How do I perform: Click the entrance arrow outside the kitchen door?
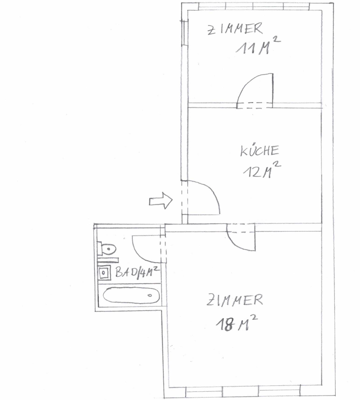161,201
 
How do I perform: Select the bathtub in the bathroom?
131,296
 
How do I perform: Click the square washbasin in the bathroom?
104,273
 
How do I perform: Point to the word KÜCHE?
260,150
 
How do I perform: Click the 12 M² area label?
262,169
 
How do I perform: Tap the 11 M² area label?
258,45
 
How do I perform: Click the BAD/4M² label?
137,272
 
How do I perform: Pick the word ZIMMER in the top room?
235,29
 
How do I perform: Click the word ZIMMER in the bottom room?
234,300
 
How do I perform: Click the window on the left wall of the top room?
184,33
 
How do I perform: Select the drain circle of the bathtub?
150,296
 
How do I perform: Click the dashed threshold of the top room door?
255,106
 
